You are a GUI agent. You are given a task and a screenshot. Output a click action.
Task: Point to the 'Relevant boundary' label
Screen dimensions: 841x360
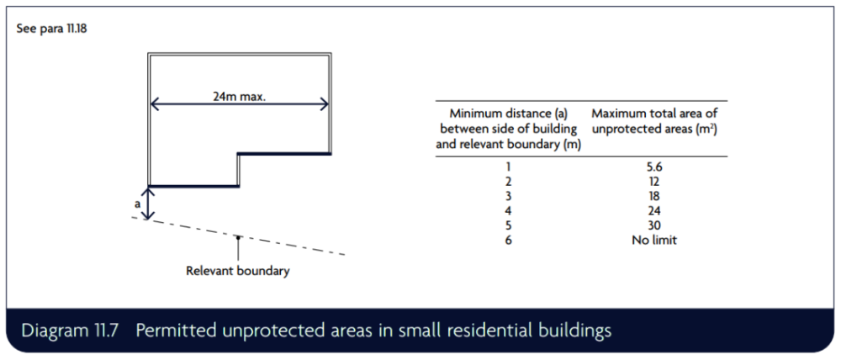point(238,270)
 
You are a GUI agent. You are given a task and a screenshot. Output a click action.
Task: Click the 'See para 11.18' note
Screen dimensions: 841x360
point(51,29)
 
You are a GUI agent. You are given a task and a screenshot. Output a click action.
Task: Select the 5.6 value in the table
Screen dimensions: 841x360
point(653,167)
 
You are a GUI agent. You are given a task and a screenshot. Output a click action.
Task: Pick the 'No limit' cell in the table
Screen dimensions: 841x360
point(653,240)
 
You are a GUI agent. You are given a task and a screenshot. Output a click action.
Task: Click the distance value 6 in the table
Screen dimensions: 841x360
point(509,240)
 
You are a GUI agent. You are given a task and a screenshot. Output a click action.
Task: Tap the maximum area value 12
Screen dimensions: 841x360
point(653,182)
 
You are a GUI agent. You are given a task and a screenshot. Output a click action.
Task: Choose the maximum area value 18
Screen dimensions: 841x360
point(653,196)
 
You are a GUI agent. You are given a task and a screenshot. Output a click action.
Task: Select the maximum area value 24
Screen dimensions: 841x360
point(653,211)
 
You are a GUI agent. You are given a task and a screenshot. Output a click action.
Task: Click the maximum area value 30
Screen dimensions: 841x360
point(653,225)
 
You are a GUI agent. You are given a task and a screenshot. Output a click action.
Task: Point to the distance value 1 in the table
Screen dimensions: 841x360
point(509,167)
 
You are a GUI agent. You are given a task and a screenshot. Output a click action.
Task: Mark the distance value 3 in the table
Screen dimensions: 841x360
point(509,196)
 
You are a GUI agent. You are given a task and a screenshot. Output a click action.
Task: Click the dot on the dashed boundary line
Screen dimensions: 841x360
point(238,236)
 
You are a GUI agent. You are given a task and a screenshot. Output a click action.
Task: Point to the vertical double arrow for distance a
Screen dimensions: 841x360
point(149,203)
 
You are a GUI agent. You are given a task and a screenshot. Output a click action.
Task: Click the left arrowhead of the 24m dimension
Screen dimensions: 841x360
point(155,104)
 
